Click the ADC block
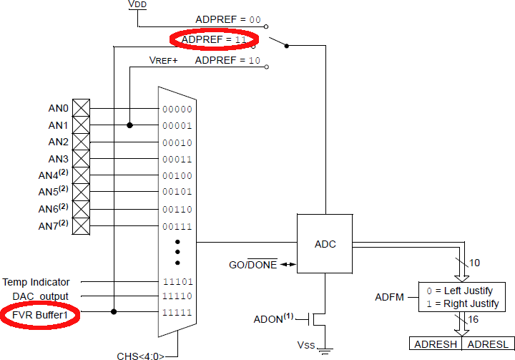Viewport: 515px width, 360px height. click(x=325, y=243)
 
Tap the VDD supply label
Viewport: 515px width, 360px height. click(x=137, y=4)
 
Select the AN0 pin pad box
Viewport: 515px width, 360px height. click(x=81, y=108)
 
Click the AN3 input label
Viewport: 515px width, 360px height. click(x=58, y=159)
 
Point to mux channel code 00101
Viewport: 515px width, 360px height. click(x=177, y=192)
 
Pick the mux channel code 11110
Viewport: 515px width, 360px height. click(x=177, y=296)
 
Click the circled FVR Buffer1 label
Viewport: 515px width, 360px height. click(x=40, y=316)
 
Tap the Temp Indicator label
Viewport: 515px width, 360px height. click(x=36, y=282)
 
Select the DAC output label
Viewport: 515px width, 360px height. click(x=40, y=296)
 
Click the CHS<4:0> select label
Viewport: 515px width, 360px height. click(x=141, y=356)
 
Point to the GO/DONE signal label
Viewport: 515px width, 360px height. click(x=253, y=264)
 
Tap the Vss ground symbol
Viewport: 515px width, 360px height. click(x=325, y=351)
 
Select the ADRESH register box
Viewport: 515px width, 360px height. click(x=436, y=344)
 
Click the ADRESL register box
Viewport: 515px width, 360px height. click(x=488, y=344)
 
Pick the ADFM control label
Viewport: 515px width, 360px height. click(x=389, y=297)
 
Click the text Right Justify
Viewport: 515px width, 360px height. click(x=471, y=303)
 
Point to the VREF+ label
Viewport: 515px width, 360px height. click(x=163, y=61)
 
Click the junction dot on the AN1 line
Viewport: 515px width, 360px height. click(x=129, y=125)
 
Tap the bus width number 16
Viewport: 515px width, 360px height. click(x=473, y=319)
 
